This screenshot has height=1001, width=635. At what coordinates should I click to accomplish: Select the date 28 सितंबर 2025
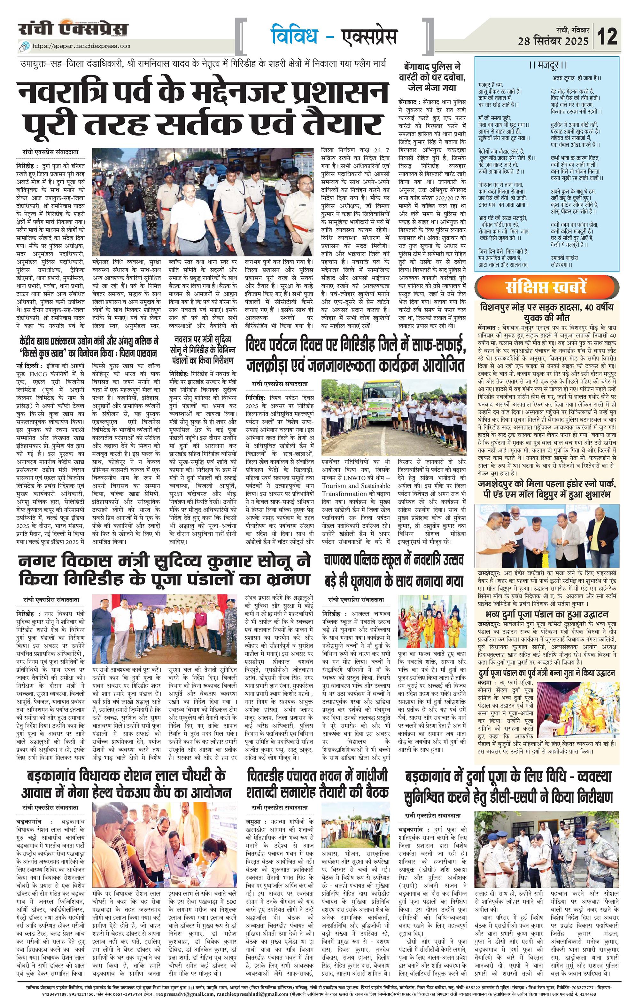553,41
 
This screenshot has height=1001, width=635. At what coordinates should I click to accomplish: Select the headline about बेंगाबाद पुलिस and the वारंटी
432,77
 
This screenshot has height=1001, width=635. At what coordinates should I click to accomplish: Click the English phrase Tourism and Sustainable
356,485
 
